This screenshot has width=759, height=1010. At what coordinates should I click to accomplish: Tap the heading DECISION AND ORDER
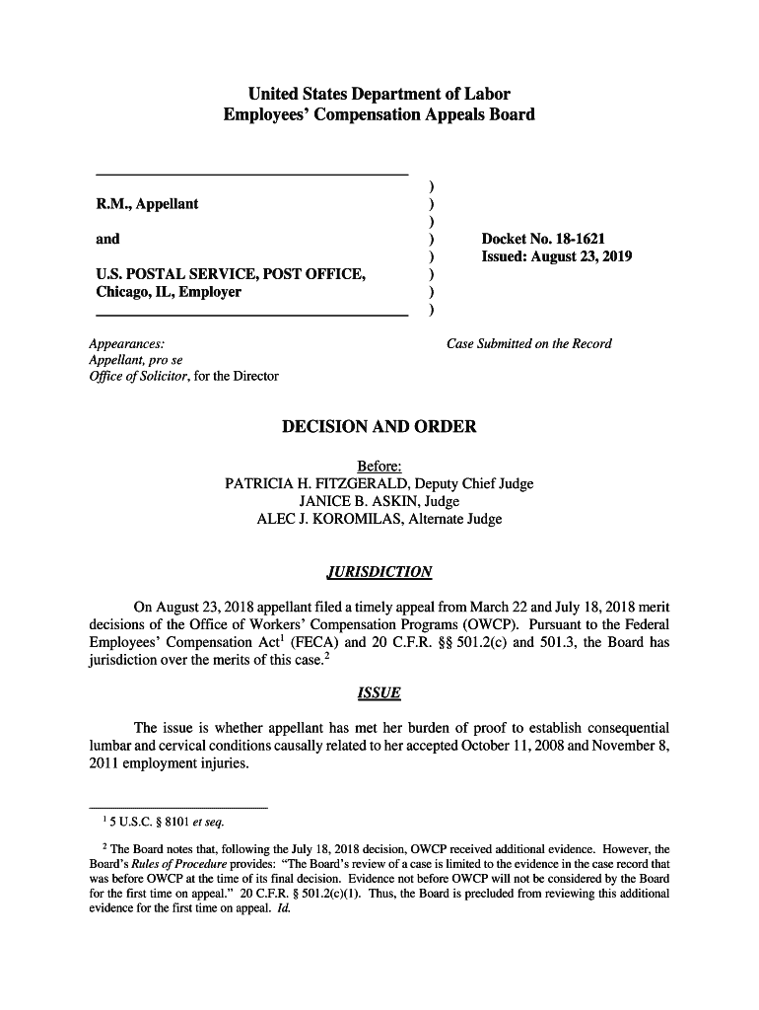pyautogui.click(x=379, y=427)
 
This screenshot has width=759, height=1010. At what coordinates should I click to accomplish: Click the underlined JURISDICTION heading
pyautogui.click(x=379, y=573)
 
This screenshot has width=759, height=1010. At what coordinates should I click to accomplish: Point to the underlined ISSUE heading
pyautogui.click(x=379, y=693)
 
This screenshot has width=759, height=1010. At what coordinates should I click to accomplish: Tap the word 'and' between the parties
pyautogui.click(x=107, y=239)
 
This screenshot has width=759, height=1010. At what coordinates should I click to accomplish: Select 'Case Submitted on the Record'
pyautogui.click(x=529, y=343)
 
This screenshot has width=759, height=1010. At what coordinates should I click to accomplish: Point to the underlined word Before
pyautogui.click(x=379, y=467)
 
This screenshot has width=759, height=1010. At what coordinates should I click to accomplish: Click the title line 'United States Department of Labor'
pyautogui.click(x=379, y=95)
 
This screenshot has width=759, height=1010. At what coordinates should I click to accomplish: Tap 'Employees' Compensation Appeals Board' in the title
pyautogui.click(x=379, y=114)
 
